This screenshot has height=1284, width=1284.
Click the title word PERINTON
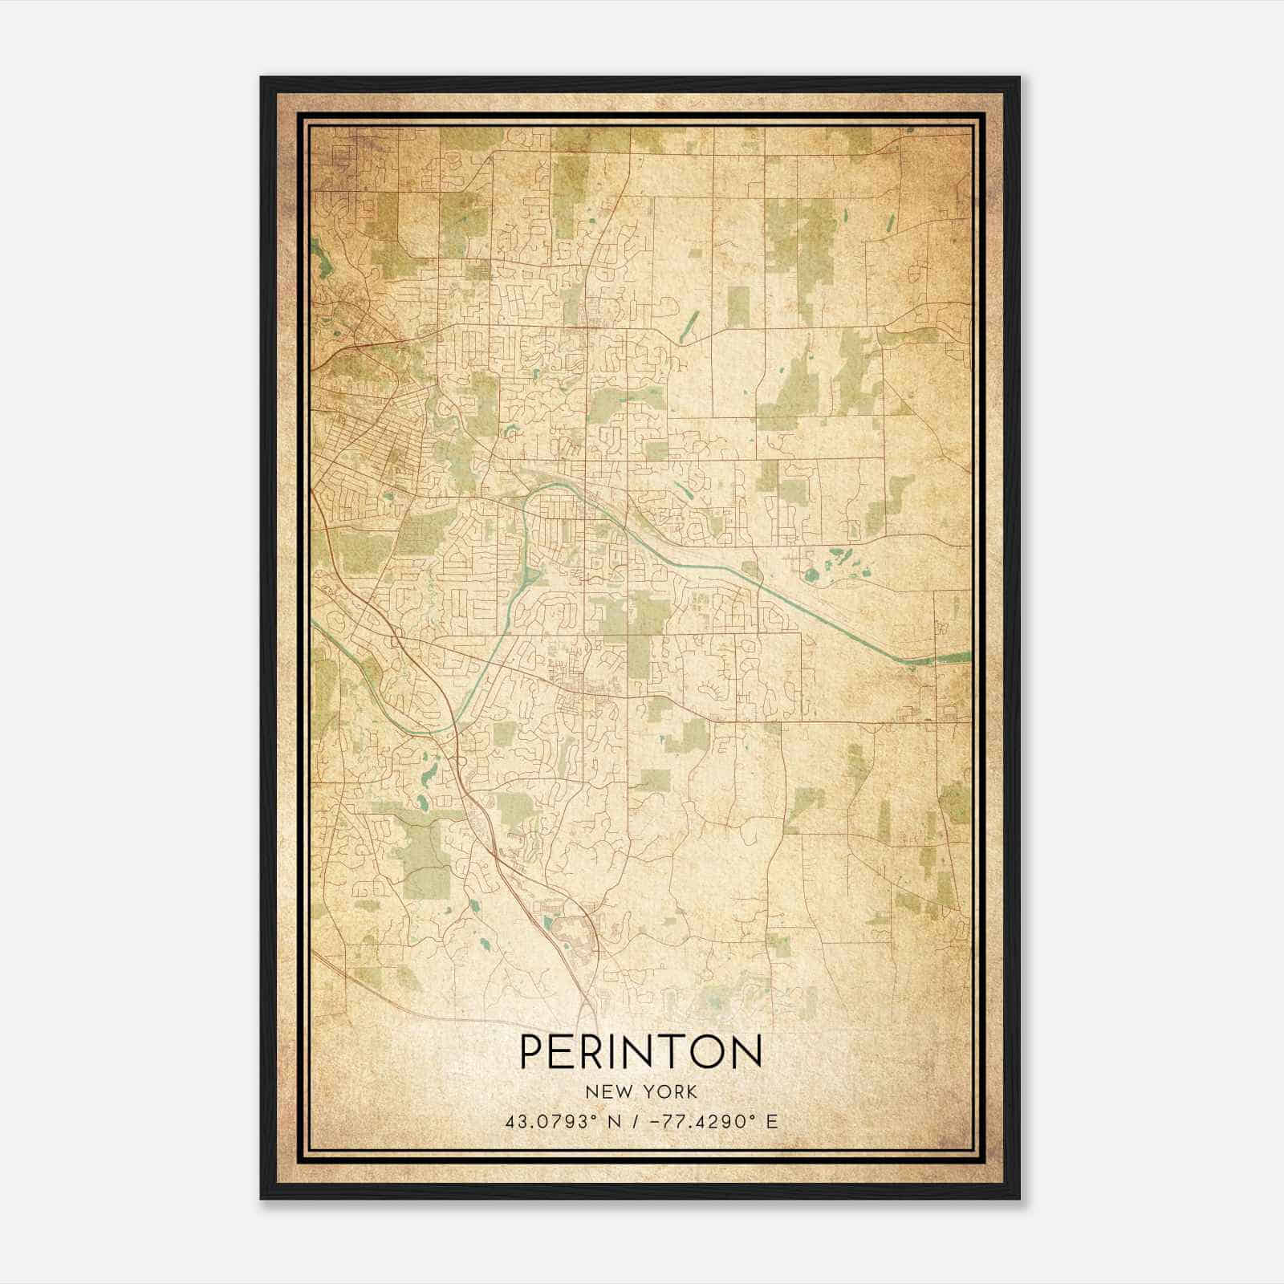tap(641, 1050)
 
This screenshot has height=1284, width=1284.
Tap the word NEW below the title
tap(607, 1092)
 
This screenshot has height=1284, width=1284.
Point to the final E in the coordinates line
tap(772, 1122)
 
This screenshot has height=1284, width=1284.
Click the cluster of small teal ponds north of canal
tap(835, 562)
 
